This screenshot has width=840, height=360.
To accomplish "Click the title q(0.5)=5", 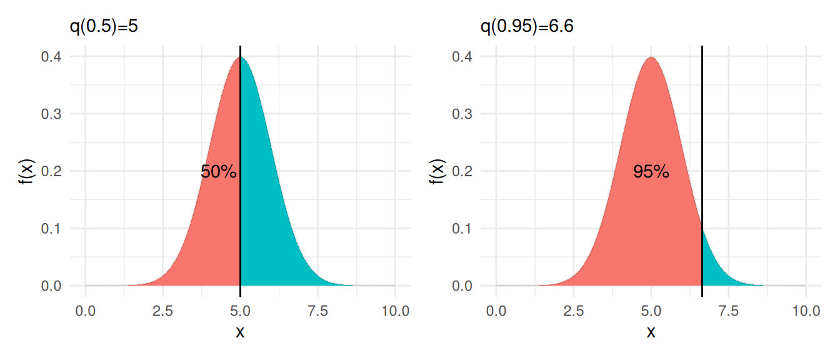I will click(x=103, y=27).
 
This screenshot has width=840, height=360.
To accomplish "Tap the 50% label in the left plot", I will click(x=219, y=172).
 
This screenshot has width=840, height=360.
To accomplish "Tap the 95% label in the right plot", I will click(x=651, y=172).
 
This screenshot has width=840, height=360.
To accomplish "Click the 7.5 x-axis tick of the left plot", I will click(x=317, y=310).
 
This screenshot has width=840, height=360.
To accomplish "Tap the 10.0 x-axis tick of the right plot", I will click(x=806, y=310).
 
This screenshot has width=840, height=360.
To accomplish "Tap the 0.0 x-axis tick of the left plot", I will click(x=85, y=310).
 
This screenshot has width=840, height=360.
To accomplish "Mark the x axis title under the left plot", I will click(x=240, y=332).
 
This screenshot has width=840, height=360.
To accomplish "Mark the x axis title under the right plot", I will click(x=651, y=332).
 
